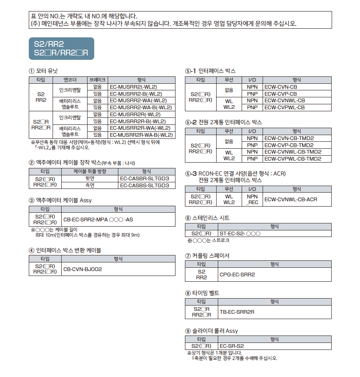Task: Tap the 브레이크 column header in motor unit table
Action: pyautogui.click(x=97, y=80)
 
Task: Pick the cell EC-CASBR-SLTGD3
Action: pyautogui.click(x=144, y=178)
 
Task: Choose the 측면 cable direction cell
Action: pyautogui.click(x=90, y=185)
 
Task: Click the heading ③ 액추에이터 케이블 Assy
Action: pyautogui.click(x=60, y=200)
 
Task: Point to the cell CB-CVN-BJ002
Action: pyautogui.click(x=83, y=269)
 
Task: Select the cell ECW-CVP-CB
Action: pyautogui.click(x=281, y=94)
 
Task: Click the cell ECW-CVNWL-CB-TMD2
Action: pyautogui.click(x=292, y=152)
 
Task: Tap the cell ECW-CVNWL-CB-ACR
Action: pyautogui.click(x=291, y=199)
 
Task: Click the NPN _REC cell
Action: pyautogui.click(x=252, y=199)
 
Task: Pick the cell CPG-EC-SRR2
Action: pyautogui.click(x=237, y=274)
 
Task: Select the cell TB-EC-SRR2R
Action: pyautogui.click(x=237, y=312)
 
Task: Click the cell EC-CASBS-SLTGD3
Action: pyautogui.click(x=144, y=185)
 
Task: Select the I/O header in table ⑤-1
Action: pyautogui.click(x=252, y=80)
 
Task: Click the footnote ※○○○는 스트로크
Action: pyautogui.click(x=208, y=241)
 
